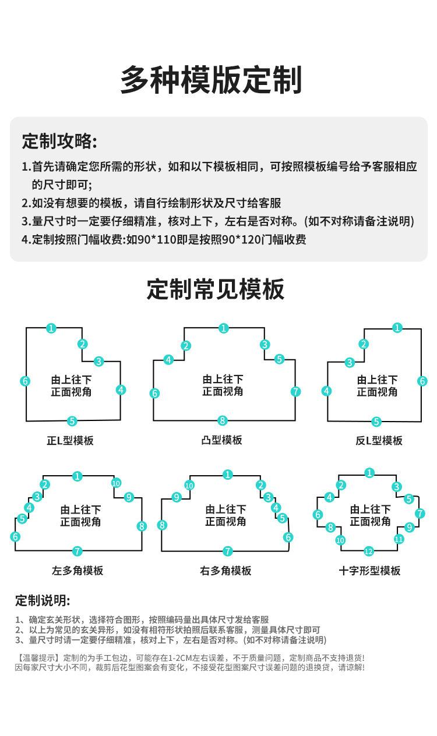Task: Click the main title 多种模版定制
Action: point(211,80)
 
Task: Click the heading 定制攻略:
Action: point(59,141)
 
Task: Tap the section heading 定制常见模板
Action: point(216,289)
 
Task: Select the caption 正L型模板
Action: point(70,440)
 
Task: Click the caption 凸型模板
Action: point(221,440)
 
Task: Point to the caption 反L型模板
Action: point(379,441)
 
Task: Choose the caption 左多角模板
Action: point(77,571)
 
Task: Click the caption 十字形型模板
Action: point(369,571)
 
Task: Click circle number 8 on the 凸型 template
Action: point(222,420)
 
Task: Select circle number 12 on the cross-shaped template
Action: point(368,551)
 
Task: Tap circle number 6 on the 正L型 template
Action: point(25,381)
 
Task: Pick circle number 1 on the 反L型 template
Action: point(397,328)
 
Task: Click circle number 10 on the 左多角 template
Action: point(115,483)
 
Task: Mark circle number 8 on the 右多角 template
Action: point(162,525)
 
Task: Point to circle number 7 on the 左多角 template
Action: point(77,551)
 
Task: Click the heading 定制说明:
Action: point(43,601)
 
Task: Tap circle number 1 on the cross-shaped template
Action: point(369,473)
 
